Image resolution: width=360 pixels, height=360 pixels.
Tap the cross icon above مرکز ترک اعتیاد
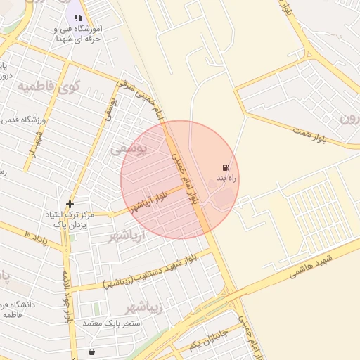[x=70, y=204]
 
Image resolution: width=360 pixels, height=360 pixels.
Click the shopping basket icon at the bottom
[x=92, y=351]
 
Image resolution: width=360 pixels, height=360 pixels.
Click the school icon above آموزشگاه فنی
[x=77, y=18]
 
